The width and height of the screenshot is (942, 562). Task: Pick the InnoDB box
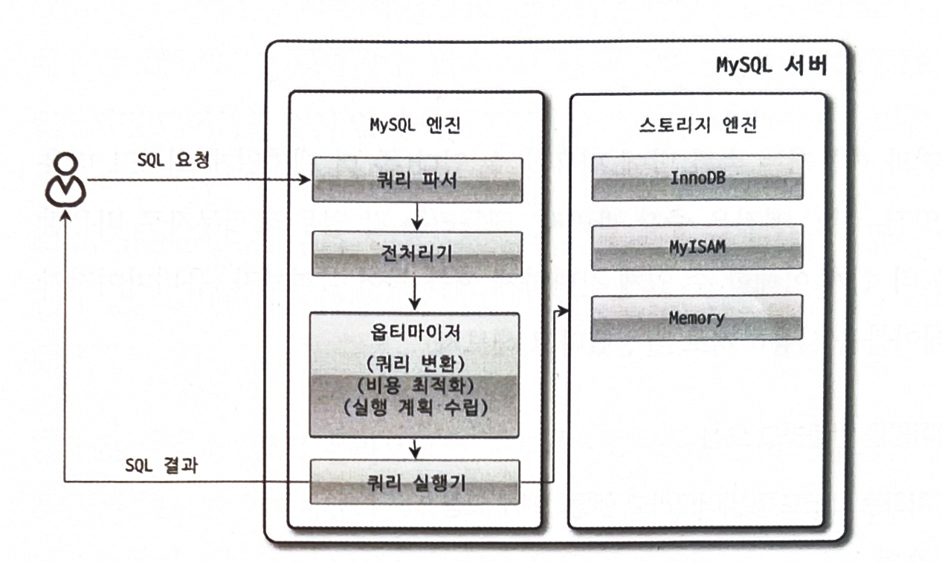[x=696, y=178]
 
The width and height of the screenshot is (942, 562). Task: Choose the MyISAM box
[x=696, y=248]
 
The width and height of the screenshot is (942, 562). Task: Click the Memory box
[x=696, y=317]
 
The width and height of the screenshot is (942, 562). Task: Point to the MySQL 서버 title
[x=770, y=65]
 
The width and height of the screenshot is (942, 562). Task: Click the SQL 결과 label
[x=161, y=465]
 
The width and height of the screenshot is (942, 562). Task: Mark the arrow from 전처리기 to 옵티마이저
[x=415, y=291]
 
